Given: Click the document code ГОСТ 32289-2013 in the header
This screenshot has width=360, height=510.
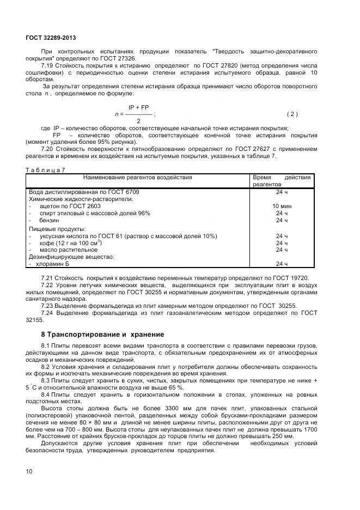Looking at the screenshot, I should tap(51, 38).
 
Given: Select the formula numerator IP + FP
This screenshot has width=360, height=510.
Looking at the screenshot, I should tap(138, 108).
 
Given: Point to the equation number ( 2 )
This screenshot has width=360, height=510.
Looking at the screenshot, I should tap(292, 114).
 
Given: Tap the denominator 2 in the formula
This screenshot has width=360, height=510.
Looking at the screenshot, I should tap(138, 120).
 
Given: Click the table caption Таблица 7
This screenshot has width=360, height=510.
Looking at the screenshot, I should tap(45, 170).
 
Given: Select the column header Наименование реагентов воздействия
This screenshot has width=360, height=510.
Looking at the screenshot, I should tap(137, 178).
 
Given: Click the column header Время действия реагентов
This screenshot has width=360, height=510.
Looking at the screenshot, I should tap(282, 181).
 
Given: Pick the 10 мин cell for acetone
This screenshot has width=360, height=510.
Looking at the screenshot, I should tap(282, 207).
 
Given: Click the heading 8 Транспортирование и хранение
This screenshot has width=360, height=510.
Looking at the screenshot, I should tap(102, 334).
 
